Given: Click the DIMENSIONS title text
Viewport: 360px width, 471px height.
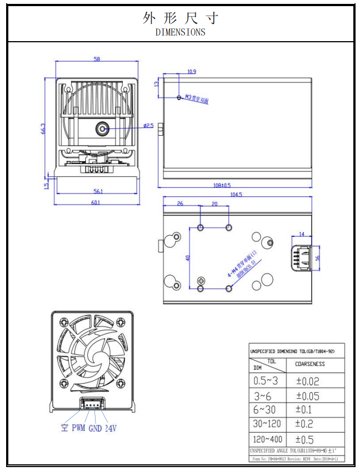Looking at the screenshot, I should pyautogui.click(x=180, y=32).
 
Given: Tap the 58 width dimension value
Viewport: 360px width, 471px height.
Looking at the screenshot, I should pyautogui.click(x=97, y=59).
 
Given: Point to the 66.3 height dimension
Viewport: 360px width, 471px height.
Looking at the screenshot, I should pyautogui.click(x=43, y=128).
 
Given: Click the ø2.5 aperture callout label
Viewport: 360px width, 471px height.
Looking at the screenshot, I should pyautogui.click(x=148, y=126).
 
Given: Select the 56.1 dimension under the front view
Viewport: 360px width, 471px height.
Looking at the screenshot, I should pyautogui.click(x=98, y=191).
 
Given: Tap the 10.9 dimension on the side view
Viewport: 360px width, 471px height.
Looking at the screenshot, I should pyautogui.click(x=192, y=72).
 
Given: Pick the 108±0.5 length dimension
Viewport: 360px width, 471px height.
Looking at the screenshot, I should pyautogui.click(x=222, y=185).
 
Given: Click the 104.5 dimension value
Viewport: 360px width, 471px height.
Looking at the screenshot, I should pyautogui.click(x=237, y=195).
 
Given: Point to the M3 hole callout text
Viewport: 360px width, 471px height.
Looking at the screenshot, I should pyautogui.click(x=197, y=100).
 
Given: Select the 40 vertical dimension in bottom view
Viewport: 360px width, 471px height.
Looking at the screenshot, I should pyautogui.click(x=188, y=258).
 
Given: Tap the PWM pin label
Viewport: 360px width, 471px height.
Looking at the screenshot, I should pyautogui.click(x=78, y=428).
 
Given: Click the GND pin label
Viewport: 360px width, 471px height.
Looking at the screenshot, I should pyautogui.click(x=95, y=428).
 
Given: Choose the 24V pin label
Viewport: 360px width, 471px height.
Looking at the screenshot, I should pyautogui.click(x=111, y=428).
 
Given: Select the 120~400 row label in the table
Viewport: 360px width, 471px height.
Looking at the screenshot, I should pyautogui.click(x=267, y=439).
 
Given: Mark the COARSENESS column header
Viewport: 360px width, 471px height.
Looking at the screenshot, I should pyautogui.click(x=310, y=364).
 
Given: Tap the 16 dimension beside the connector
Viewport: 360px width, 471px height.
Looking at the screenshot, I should pyautogui.click(x=318, y=258).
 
